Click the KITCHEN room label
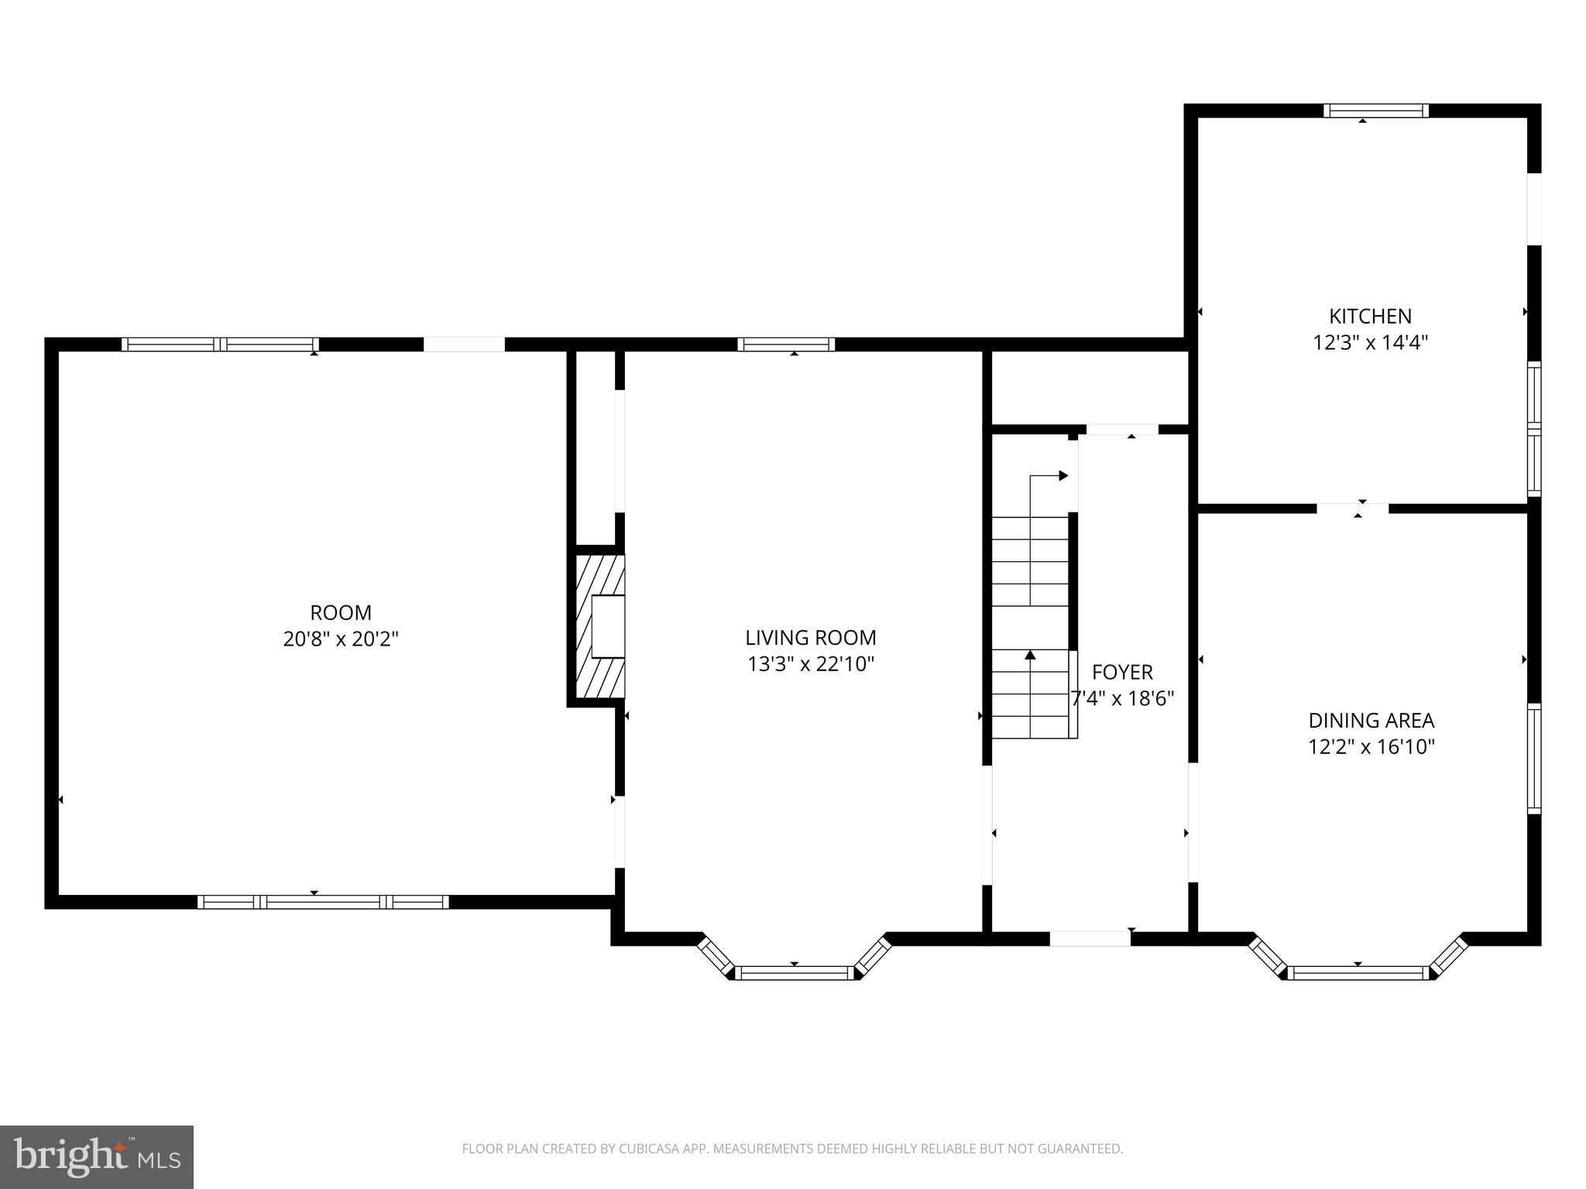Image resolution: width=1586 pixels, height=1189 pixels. tap(1370, 316)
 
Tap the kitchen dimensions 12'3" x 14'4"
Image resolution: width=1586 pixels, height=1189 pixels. tap(1370, 342)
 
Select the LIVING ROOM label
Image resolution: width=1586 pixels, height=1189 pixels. tap(811, 638)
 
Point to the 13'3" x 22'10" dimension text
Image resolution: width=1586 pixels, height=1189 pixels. tap(811, 664)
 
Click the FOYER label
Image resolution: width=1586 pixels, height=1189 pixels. tap(1122, 672)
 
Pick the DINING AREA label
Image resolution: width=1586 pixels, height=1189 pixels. tap(1371, 721)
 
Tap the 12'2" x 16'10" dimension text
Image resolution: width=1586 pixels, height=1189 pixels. tap(1371, 747)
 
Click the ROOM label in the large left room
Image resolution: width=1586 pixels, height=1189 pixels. tap(341, 613)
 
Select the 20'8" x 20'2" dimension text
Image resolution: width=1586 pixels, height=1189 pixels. tap(341, 639)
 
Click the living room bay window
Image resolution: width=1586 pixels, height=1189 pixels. tap(794, 972)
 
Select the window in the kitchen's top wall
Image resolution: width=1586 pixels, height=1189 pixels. tap(1375, 111)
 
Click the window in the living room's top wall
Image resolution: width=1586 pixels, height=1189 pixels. tap(786, 344)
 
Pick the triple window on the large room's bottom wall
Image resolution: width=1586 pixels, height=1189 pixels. tap(323, 902)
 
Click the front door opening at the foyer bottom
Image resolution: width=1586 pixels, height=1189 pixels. tap(1090, 939)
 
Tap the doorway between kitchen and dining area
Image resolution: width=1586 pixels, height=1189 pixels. tap(1352, 509)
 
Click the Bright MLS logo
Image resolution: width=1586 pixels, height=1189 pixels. tap(97, 1156)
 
